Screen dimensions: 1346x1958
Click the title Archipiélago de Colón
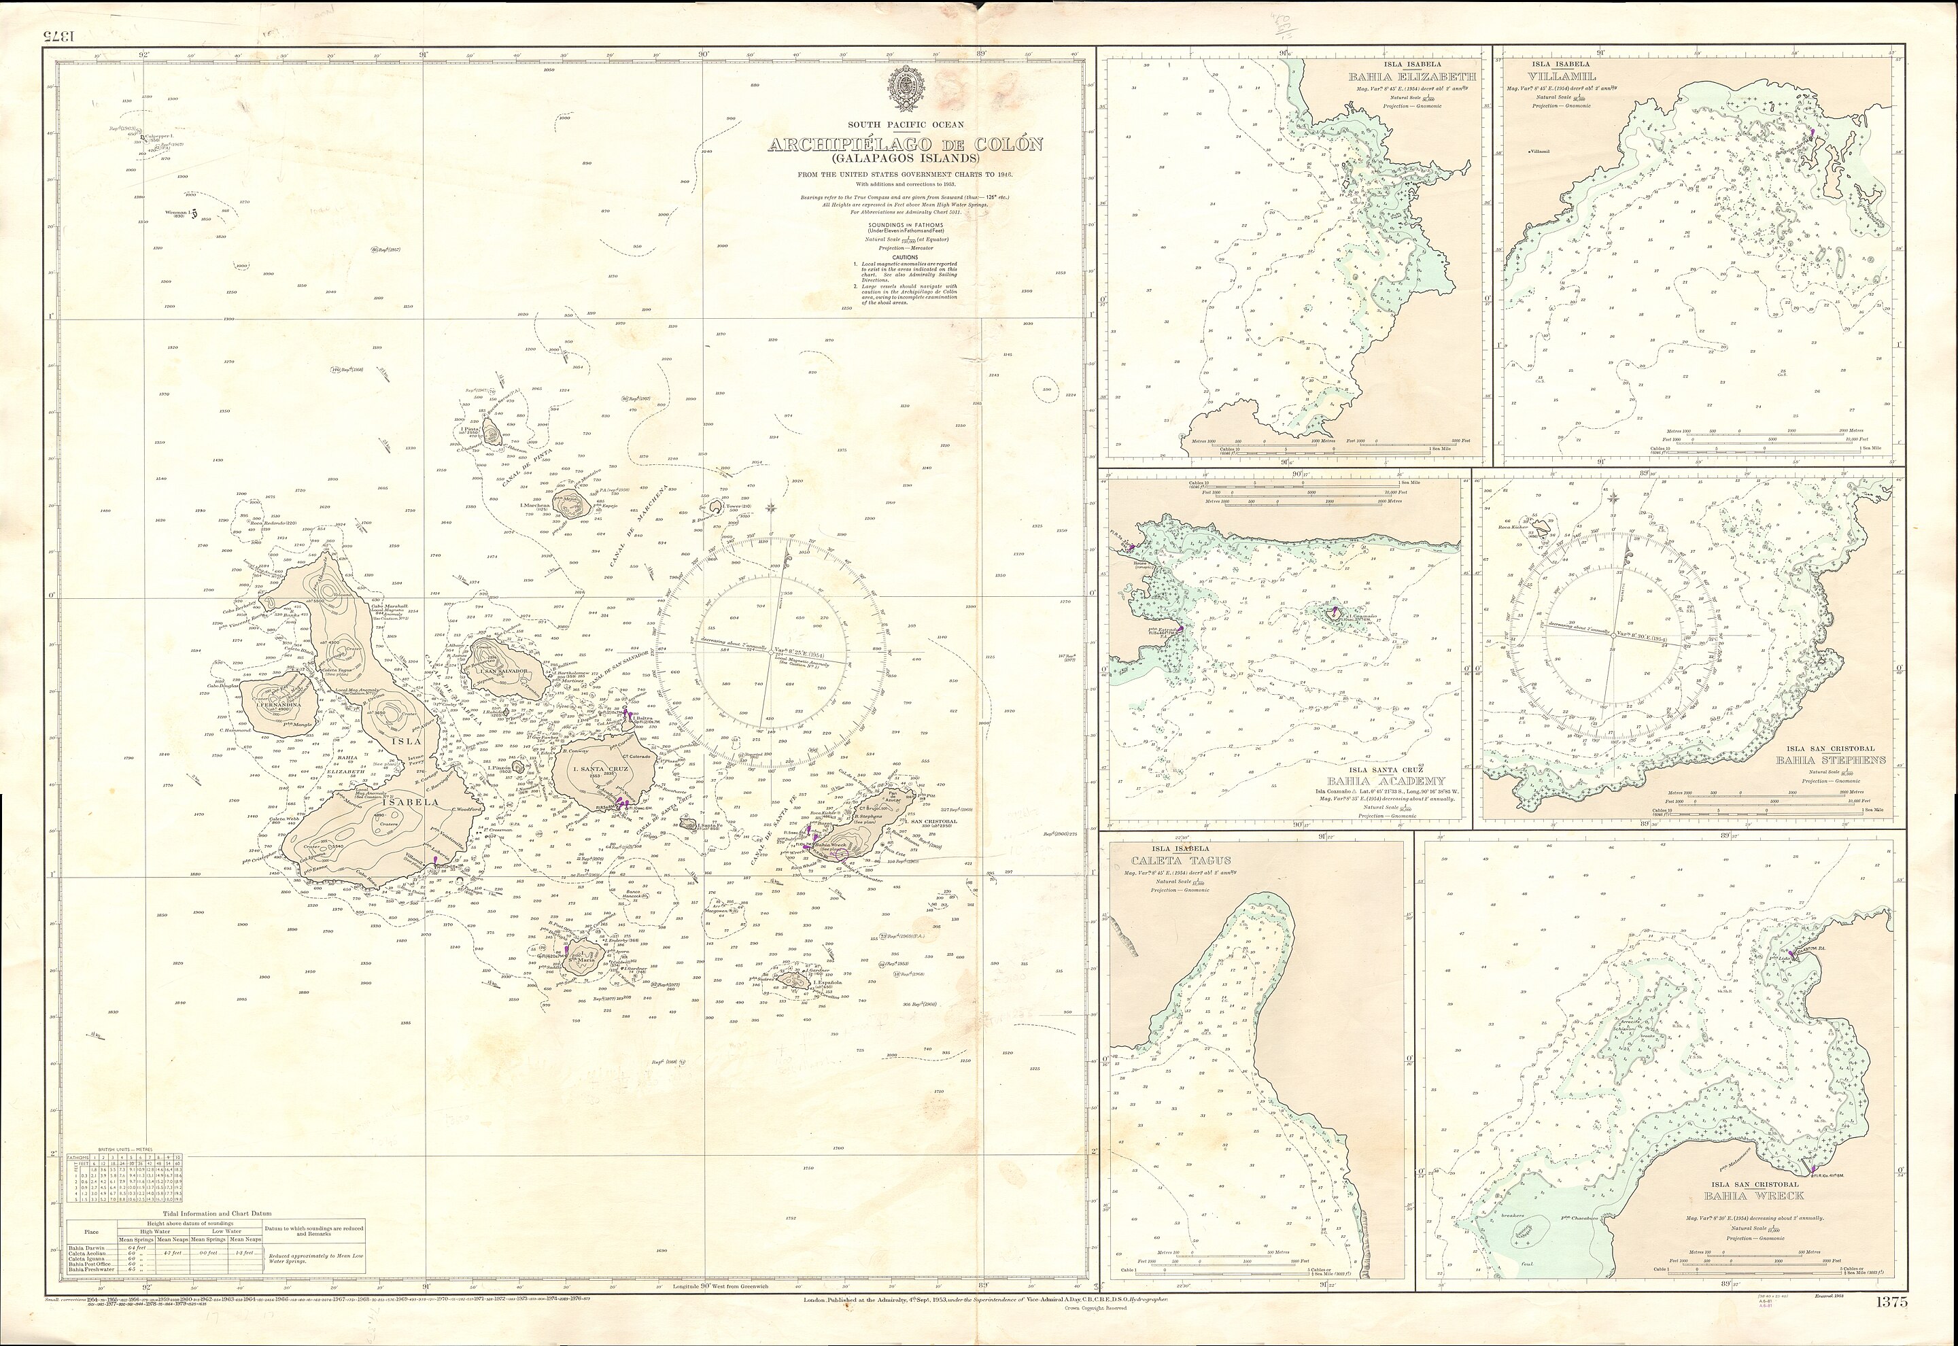click(x=904, y=145)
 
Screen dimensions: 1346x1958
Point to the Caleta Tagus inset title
click(x=1171, y=860)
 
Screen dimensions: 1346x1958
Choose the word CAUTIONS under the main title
click(x=904, y=257)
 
